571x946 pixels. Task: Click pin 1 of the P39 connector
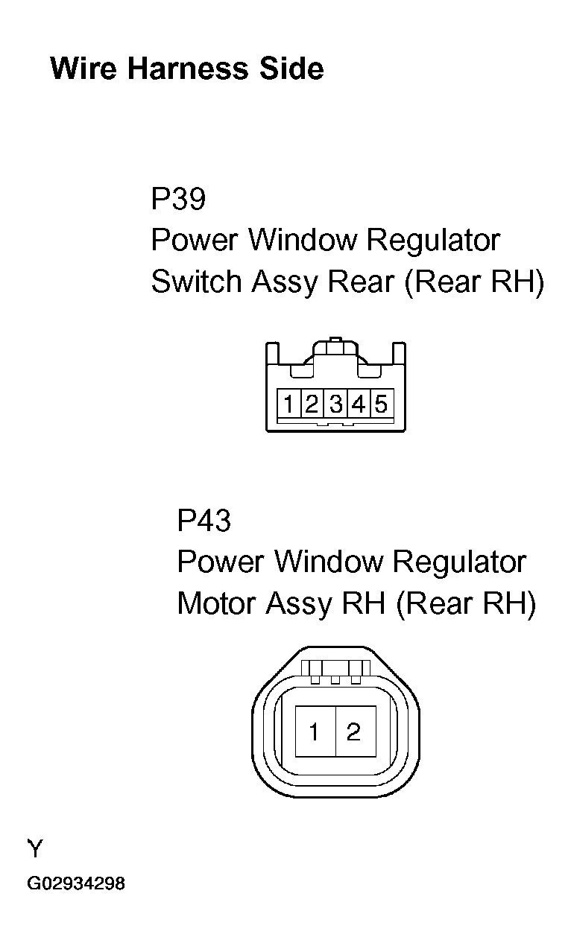point(289,403)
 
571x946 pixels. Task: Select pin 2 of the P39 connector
point(312,403)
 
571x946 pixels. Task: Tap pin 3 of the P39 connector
point(335,403)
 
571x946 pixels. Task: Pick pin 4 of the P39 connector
point(359,403)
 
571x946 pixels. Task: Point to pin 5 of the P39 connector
point(382,403)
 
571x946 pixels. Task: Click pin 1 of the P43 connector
point(315,731)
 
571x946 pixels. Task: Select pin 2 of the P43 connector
point(356,731)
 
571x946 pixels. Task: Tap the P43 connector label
point(204,520)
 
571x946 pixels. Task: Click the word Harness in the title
point(188,69)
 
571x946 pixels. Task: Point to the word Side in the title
point(291,69)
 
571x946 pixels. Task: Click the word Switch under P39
point(196,282)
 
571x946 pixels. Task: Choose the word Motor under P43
point(216,603)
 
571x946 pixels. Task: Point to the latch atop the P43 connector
point(335,671)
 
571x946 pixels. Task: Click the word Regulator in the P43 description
point(459,562)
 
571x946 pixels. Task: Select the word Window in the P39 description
point(303,240)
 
